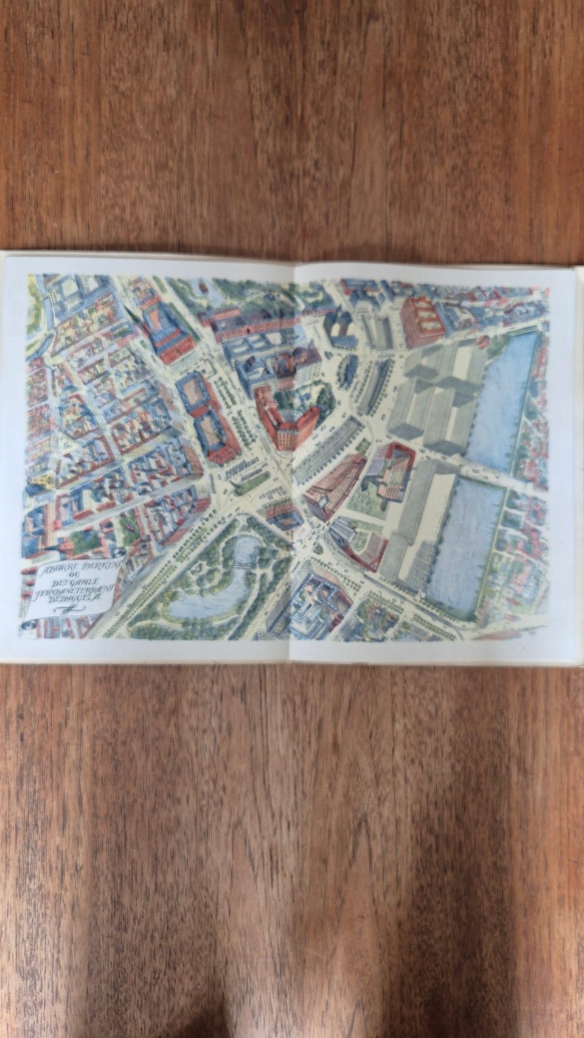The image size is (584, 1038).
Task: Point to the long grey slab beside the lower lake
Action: [x=420, y=517]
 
